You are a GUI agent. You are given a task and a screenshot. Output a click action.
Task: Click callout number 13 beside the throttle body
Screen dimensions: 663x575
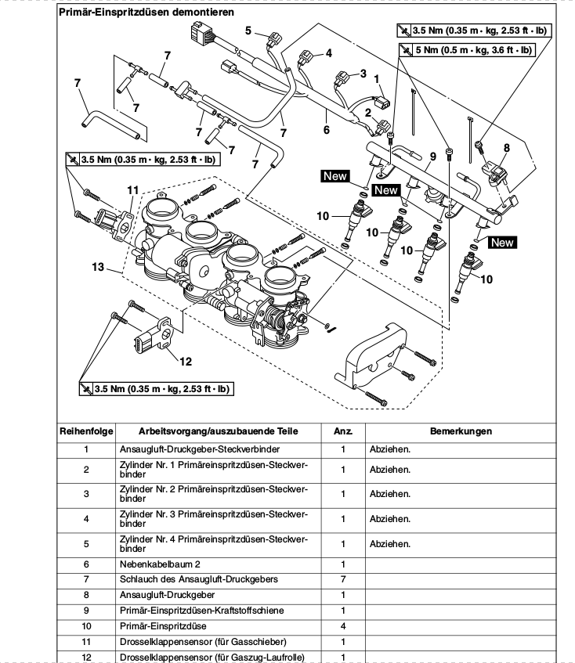98,267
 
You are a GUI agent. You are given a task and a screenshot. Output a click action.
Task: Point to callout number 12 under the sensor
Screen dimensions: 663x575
186,361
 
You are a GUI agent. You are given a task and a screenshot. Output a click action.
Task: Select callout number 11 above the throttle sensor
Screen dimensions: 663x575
133,189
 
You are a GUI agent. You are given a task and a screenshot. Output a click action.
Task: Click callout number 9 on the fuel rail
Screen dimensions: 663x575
430,157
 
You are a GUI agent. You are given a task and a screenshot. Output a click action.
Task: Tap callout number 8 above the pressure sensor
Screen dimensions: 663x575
506,147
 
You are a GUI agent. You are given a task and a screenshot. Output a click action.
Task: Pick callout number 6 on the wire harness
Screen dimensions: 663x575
326,129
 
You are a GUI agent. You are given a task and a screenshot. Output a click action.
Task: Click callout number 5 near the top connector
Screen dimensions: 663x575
248,31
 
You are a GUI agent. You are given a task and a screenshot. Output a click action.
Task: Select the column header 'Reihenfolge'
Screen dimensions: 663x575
86,431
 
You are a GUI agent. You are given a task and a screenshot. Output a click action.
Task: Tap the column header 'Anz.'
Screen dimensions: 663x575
342,431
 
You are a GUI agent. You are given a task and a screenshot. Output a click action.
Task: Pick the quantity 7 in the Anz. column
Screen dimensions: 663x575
342,579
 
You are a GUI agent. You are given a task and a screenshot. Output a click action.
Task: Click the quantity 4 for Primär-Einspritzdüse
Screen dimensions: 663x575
342,625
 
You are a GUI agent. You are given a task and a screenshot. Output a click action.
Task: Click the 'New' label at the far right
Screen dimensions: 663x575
501,243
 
